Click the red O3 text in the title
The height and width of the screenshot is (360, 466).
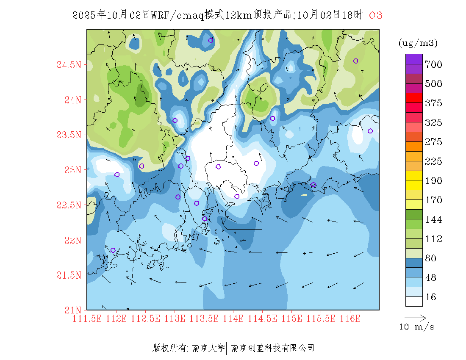tap(376, 15)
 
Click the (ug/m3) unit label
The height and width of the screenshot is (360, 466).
tap(418, 43)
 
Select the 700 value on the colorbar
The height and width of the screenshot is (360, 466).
tap(433, 64)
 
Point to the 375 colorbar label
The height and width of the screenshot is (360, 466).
tap(433, 103)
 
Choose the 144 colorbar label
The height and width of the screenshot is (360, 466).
tap(433, 220)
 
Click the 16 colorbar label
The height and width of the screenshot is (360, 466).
tap(431, 297)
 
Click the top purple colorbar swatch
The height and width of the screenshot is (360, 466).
tap(414, 58)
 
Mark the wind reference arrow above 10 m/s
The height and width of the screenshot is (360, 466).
tap(415, 317)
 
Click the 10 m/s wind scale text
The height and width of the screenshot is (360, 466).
tap(417, 327)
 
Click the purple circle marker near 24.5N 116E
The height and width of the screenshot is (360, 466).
tap(355, 61)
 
